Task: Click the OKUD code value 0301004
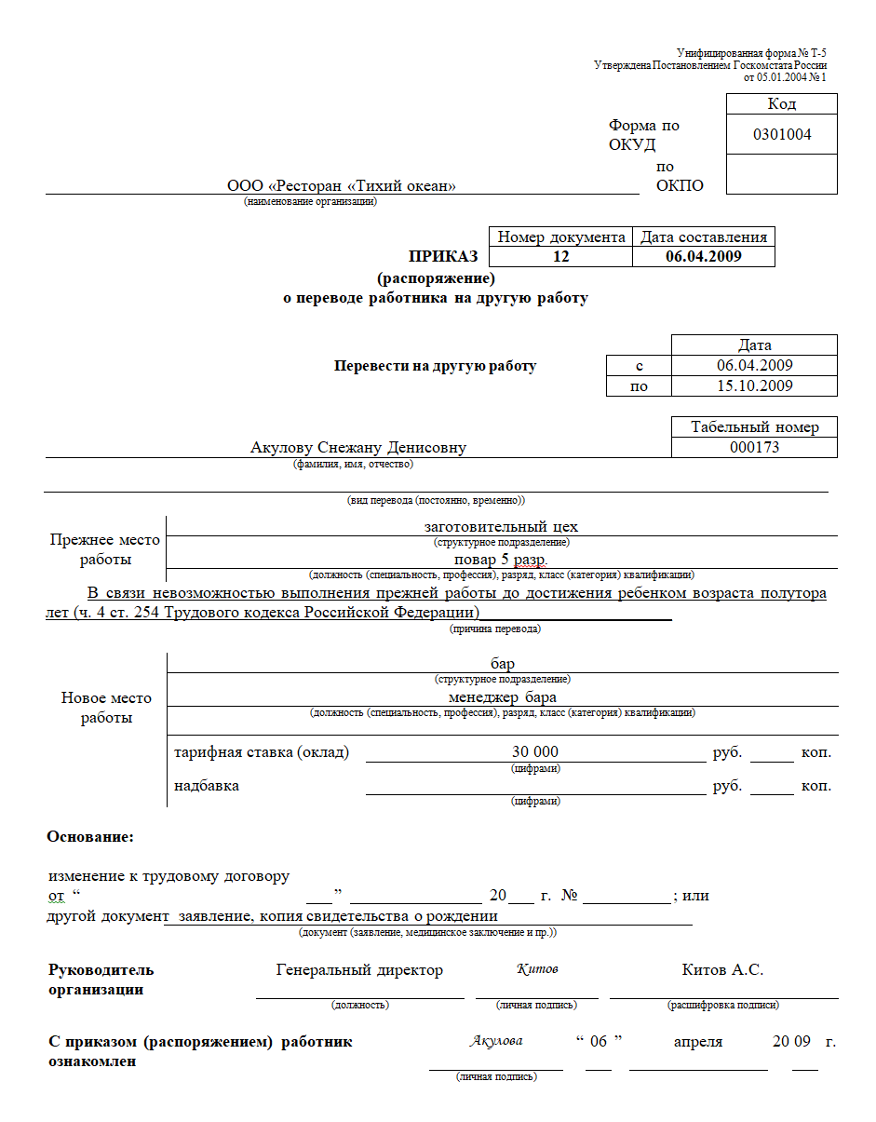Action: coord(782,135)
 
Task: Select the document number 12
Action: coord(560,257)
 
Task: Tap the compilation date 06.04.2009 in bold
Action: coord(704,257)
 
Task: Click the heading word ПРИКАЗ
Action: coord(443,257)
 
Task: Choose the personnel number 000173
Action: coord(754,448)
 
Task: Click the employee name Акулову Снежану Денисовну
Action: coord(358,448)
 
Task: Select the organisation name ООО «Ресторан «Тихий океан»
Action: coord(342,186)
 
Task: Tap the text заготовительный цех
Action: coord(501,527)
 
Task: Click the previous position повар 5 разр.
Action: coord(501,561)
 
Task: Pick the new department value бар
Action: coord(503,665)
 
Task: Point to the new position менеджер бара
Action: coord(503,697)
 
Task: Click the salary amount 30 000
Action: coord(535,752)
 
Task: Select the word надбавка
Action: coord(207,786)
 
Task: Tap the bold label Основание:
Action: coord(90,837)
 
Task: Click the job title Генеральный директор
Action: coord(359,970)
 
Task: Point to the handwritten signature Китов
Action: coord(537,969)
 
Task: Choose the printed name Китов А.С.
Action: coord(722,970)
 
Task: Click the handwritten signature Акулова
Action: coord(496,1041)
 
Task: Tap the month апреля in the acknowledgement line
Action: coord(698,1042)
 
